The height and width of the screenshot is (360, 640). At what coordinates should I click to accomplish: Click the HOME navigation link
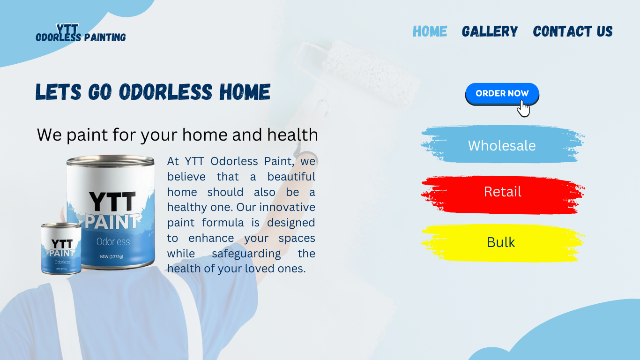click(x=430, y=31)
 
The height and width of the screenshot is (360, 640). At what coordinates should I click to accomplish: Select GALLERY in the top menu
click(x=490, y=31)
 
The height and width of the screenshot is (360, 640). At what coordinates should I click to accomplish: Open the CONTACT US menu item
click(x=573, y=31)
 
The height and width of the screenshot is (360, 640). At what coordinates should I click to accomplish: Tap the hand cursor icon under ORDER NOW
click(x=523, y=109)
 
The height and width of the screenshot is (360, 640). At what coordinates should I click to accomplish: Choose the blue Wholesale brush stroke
click(x=502, y=144)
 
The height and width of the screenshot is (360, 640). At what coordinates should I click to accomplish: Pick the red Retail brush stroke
click(x=502, y=195)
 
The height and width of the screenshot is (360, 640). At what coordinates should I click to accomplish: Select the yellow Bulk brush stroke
click(x=502, y=243)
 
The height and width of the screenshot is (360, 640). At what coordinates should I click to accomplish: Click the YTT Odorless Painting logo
click(x=81, y=33)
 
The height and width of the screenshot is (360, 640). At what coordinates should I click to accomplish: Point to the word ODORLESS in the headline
click(x=165, y=92)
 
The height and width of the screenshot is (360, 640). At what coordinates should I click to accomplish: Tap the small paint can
click(x=61, y=248)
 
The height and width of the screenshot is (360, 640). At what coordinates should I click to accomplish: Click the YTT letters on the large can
click(x=112, y=202)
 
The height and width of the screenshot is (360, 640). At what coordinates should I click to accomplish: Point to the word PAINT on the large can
click(x=112, y=222)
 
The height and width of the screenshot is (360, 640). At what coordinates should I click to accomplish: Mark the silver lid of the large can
click(x=110, y=161)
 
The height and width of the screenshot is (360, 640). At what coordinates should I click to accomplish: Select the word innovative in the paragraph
click(x=287, y=207)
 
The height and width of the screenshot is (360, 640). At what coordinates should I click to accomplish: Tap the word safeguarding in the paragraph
click(x=246, y=254)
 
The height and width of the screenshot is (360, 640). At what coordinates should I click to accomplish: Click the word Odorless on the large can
click(x=113, y=242)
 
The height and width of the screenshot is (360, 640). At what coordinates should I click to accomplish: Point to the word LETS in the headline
click(x=58, y=92)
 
